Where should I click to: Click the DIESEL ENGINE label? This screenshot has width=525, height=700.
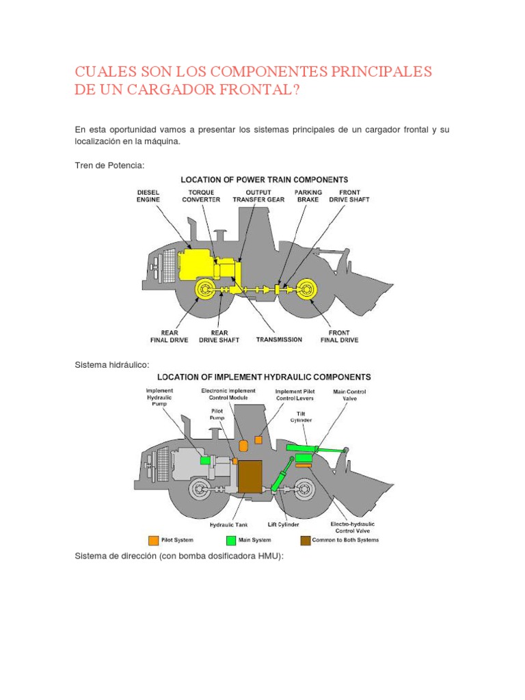click(148, 197)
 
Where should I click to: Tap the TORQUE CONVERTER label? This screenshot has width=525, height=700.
click(201, 197)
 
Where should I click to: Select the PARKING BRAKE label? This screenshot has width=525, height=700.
click(308, 197)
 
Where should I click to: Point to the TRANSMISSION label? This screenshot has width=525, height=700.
click(279, 339)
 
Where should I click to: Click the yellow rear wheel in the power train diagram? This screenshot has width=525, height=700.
click(205, 290)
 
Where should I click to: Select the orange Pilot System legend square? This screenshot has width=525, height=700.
click(154, 540)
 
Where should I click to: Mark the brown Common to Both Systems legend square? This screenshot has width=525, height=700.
click(305, 540)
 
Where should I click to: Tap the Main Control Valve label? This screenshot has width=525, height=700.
click(349, 396)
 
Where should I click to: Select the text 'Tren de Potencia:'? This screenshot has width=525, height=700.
click(109, 165)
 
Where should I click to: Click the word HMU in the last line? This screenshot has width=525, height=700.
click(263, 556)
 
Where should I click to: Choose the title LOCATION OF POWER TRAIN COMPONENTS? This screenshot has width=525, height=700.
click(265, 180)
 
